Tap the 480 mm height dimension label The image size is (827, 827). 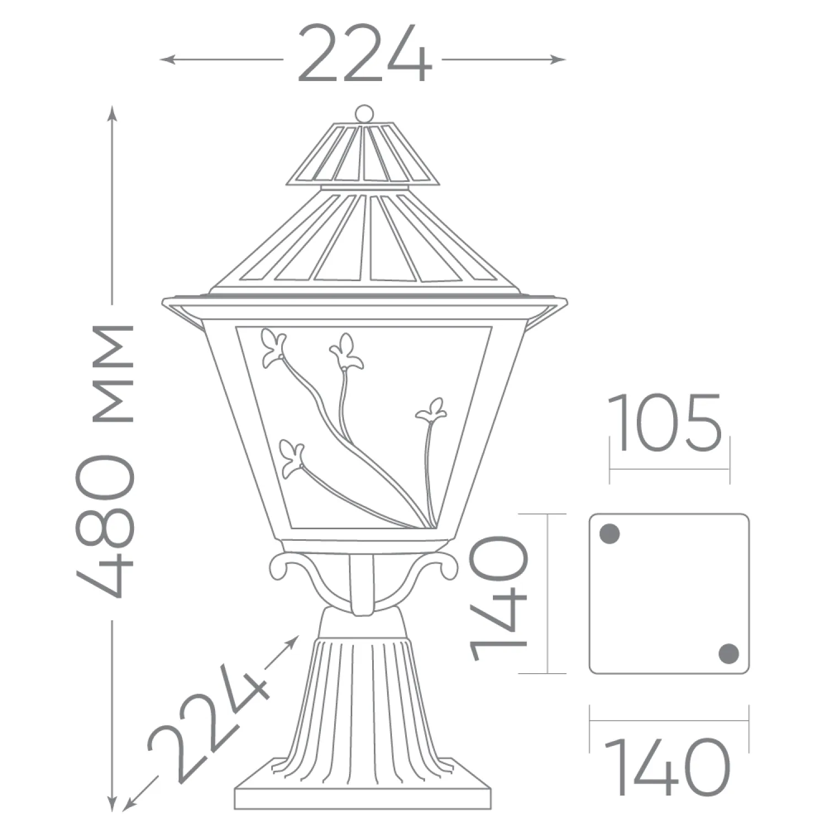(x=105, y=460)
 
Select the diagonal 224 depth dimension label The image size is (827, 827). (x=208, y=722)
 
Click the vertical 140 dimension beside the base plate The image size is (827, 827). (x=499, y=599)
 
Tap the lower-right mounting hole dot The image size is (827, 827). (x=729, y=653)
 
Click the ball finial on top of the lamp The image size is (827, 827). (x=363, y=114)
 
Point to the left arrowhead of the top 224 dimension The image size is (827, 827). (x=166, y=59)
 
